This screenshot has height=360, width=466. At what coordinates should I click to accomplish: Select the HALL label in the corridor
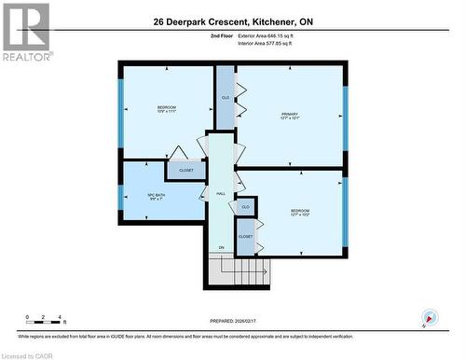click(x=221, y=193)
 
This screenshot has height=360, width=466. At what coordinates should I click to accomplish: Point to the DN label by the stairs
click(x=222, y=247)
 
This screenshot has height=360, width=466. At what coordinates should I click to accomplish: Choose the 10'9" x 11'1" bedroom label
click(x=166, y=110)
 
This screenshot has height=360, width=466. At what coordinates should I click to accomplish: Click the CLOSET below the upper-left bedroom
click(x=186, y=171)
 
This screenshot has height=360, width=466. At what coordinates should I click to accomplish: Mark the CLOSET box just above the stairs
click(x=245, y=237)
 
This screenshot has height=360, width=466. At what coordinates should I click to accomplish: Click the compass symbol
click(x=429, y=316)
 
